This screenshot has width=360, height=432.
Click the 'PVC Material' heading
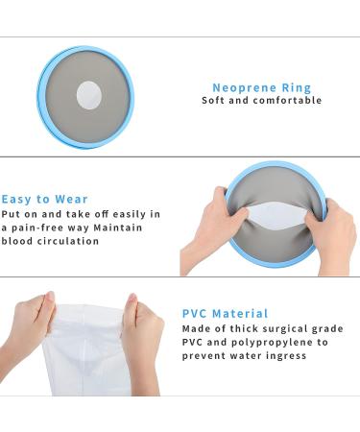pyautogui.click(x=225, y=314)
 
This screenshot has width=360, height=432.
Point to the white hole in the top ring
pyautogui.click(x=88, y=95)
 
